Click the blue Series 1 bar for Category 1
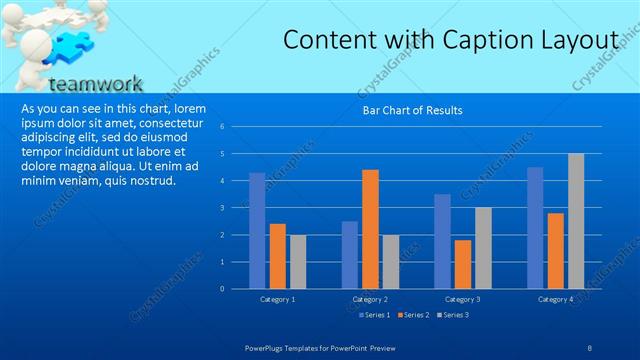click(x=257, y=231)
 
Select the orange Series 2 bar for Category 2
click(x=370, y=229)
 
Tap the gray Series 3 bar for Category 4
click(x=576, y=221)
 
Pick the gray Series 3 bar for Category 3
click(x=483, y=248)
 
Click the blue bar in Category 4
click(x=535, y=228)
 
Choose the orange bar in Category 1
click(x=277, y=256)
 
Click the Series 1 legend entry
click(x=375, y=315)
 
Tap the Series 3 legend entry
click(x=451, y=315)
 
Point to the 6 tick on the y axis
click(x=237, y=127)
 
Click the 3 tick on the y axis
click(x=237, y=208)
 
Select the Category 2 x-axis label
click(x=370, y=299)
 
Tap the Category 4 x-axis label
click(x=556, y=299)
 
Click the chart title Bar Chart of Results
click(x=411, y=110)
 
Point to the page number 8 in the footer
click(x=589, y=346)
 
